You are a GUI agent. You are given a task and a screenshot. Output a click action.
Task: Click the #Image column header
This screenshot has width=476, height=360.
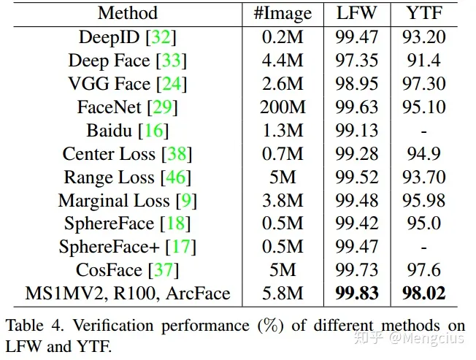click(x=283, y=13)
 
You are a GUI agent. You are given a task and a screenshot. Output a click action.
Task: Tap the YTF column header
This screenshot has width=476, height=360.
click(x=424, y=13)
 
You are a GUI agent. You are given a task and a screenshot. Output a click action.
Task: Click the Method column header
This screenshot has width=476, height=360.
click(x=127, y=13)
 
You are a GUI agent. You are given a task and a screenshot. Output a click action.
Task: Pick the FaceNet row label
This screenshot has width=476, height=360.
click(x=110, y=107)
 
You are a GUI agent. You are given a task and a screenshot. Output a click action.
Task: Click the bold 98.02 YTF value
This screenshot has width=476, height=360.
click(x=424, y=294)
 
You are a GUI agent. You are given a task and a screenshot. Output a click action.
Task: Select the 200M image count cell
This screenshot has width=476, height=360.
click(x=283, y=107)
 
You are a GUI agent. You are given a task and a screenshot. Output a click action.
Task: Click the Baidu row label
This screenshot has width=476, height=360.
click(x=110, y=131)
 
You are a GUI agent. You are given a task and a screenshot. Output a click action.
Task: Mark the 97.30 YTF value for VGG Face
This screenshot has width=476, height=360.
click(x=424, y=84)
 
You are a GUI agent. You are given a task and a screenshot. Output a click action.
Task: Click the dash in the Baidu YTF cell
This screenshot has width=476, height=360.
click(x=424, y=131)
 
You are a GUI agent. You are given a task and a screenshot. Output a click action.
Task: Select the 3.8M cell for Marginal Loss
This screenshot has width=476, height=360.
click(x=283, y=201)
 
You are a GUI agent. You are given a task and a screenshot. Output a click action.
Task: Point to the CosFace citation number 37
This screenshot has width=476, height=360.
click(x=163, y=271)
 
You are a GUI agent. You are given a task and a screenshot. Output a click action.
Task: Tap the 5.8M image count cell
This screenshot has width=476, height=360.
click(x=283, y=294)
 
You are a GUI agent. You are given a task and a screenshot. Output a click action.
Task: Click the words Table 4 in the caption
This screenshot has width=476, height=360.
click(x=34, y=326)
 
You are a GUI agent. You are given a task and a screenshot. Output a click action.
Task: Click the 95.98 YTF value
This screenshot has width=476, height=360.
click(x=424, y=201)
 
